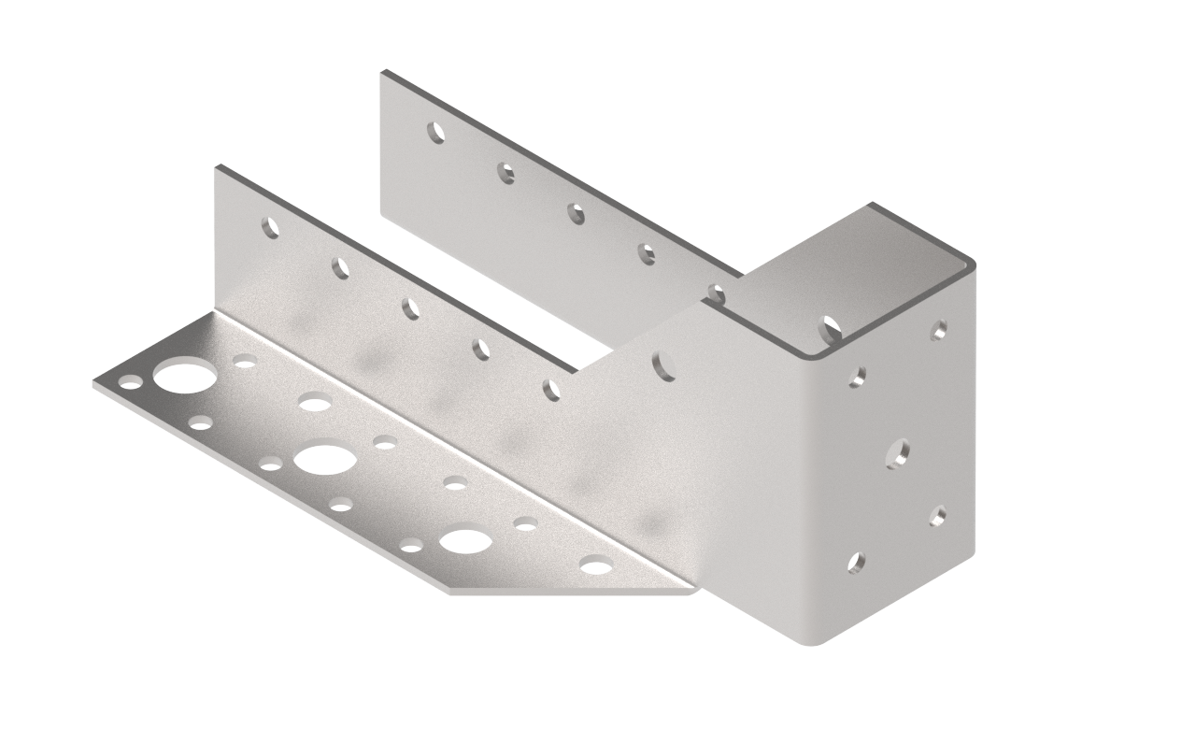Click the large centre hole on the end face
click(897, 454)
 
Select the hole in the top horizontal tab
click(830, 329)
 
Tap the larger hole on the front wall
click(664, 364)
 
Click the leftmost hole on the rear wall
click(435, 132)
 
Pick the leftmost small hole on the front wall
click(270, 227)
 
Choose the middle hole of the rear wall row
click(577, 213)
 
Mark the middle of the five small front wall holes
click(411, 308)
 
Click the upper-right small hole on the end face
click(938, 329)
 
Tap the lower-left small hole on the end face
click(856, 562)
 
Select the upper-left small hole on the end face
click(856, 377)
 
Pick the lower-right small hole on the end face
click(938, 515)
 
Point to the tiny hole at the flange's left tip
click(131, 381)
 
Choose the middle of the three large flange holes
click(322, 459)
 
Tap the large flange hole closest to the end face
click(466, 540)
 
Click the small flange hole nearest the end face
click(596, 565)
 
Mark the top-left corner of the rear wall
click(382, 72)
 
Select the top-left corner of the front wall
click(218, 167)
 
